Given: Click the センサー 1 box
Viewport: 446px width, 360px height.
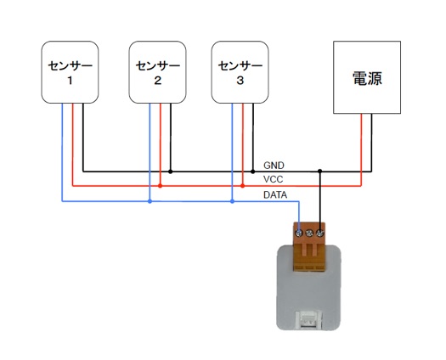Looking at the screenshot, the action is pos(70,72).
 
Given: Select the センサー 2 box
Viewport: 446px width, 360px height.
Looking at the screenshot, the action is pos(157,72).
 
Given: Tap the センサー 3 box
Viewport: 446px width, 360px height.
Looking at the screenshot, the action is pos(240,72).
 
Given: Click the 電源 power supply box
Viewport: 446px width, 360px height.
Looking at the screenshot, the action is pos(367,77).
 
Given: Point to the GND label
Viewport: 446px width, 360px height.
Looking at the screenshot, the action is pos(274,166).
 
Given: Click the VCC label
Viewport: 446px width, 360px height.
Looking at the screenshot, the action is pos(273,179).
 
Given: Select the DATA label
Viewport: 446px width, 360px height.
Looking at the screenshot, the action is pos(275,194).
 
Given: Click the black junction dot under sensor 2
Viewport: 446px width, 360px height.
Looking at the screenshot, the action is pos(170,172).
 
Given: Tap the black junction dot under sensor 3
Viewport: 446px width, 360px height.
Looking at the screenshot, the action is pos(253,172).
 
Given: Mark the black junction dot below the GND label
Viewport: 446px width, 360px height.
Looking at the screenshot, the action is pos(319,171).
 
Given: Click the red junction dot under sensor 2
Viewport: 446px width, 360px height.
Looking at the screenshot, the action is pos(160,186).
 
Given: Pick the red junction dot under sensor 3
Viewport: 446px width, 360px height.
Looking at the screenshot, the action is pos(242,186).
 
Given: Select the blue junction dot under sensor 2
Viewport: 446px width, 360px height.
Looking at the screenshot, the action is pos(150,201).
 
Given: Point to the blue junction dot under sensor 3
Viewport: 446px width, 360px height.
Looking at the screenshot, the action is pos(232,201).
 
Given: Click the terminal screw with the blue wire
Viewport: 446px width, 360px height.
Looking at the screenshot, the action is pos(299,233).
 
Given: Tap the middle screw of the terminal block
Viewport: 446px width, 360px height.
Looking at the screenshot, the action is pos(309,233).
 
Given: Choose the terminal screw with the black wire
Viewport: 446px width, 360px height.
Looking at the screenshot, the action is pos(319,233).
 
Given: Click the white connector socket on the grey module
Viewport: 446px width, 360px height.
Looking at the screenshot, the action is pos(309,319).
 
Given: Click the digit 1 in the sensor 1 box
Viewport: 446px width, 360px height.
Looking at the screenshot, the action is pos(70,81).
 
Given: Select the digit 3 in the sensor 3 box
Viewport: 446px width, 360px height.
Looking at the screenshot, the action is pos(240,81).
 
